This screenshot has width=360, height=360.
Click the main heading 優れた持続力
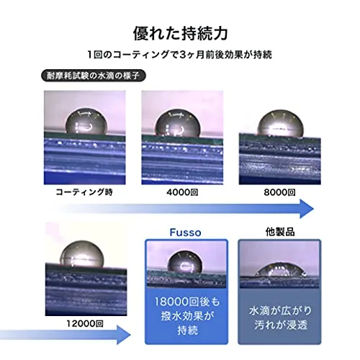click(x=180, y=34)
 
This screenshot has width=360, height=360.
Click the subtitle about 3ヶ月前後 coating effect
click(x=180, y=55)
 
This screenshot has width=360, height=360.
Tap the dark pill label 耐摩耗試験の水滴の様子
click(x=94, y=76)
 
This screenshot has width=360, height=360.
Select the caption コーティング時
click(x=84, y=192)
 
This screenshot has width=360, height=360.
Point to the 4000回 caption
click(x=182, y=192)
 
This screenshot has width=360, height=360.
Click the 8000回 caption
click(x=279, y=192)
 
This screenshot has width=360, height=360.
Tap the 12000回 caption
click(x=85, y=324)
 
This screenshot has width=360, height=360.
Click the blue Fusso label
click(x=185, y=233)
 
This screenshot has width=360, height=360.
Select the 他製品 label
click(x=280, y=232)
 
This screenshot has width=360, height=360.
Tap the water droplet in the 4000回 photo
click(x=178, y=124)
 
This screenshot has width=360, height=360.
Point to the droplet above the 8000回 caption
click(x=280, y=124)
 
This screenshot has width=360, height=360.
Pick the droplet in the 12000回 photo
click(x=82, y=254)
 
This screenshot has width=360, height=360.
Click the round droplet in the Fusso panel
click(x=185, y=263)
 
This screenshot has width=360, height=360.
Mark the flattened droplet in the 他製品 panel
click(x=280, y=270)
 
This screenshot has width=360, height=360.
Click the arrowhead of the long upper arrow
click(x=307, y=209)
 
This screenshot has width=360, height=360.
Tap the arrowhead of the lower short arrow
click(x=124, y=335)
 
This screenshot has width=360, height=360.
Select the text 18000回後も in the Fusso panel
click(x=186, y=302)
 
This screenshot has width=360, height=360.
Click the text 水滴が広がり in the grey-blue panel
click(x=280, y=311)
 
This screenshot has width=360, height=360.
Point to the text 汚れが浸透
click(x=280, y=325)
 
